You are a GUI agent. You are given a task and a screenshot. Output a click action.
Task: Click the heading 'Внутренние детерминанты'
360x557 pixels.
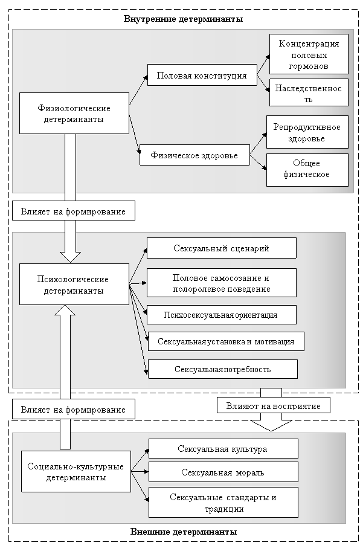(183, 19)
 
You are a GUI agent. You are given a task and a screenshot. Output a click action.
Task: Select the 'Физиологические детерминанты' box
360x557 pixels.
(74, 114)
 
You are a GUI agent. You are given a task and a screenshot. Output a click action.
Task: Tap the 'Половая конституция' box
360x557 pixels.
(202, 75)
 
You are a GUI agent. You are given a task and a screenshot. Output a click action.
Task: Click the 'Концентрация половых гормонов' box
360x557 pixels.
(309, 54)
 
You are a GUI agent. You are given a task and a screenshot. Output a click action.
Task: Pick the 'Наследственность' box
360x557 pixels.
(309, 92)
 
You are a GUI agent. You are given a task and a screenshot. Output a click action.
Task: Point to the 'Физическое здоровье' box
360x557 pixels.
(194, 155)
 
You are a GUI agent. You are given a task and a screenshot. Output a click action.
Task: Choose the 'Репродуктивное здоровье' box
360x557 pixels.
(307, 132)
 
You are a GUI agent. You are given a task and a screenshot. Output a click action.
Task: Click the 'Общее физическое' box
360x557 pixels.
(307, 170)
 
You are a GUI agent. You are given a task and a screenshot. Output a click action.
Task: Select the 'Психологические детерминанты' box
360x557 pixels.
(74, 284)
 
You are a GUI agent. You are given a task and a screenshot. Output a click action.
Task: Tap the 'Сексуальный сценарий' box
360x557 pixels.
(222, 248)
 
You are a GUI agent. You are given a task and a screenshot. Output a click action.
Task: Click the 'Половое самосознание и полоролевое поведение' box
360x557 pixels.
(222, 283)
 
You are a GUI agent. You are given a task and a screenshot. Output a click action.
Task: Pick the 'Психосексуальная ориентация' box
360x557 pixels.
(222, 315)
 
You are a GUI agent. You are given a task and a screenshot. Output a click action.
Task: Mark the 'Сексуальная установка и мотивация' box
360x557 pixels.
(226, 341)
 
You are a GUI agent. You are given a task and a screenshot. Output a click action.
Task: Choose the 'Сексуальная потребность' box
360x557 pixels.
(223, 369)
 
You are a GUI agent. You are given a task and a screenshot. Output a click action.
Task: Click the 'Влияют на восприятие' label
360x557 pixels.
(274, 406)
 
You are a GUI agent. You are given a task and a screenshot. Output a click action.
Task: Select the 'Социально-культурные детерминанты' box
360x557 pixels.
(76, 471)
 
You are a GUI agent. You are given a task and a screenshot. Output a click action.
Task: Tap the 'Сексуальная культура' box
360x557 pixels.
(223, 449)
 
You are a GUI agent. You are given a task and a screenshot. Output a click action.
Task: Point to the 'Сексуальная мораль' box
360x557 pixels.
(223, 472)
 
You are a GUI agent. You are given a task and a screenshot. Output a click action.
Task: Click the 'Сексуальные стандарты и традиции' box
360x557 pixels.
(223, 502)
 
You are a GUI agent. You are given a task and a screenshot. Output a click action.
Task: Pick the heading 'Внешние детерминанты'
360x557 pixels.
(184, 532)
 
